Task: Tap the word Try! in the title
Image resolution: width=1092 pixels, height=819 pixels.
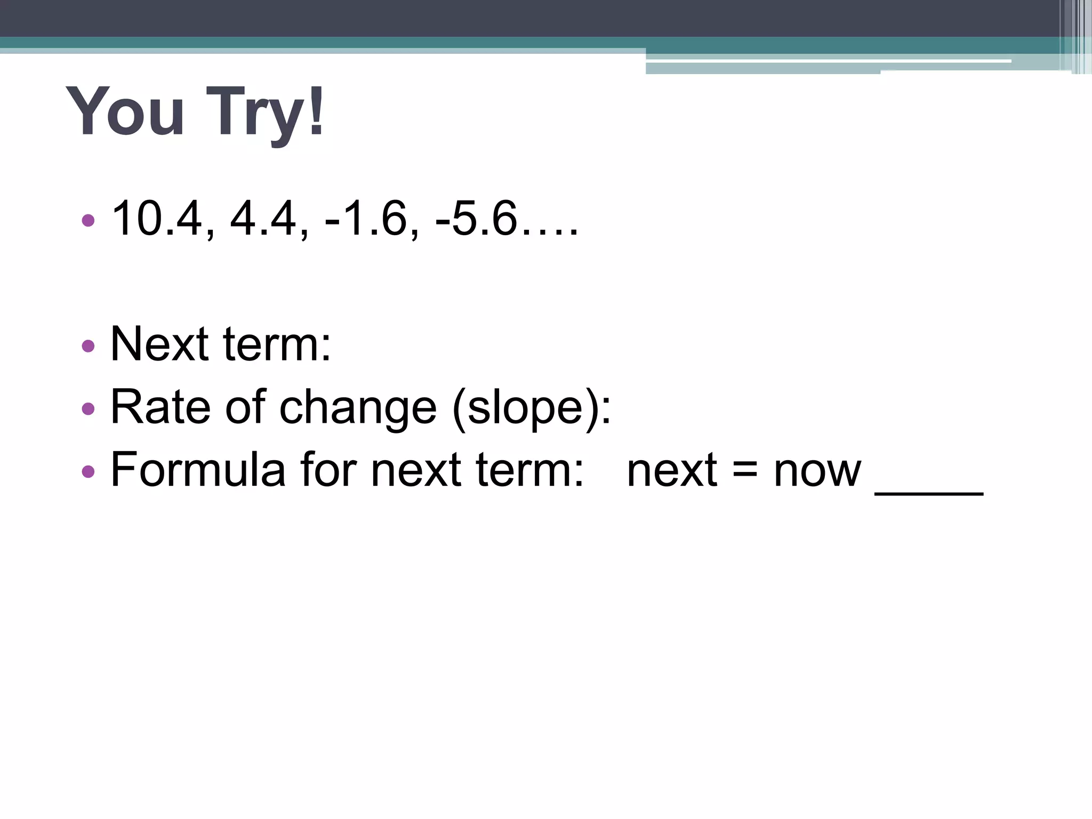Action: pos(265,113)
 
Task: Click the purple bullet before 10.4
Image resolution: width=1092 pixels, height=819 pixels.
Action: pos(88,220)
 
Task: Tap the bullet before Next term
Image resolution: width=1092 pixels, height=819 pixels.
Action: pos(88,346)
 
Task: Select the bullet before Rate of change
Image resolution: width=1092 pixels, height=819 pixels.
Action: pos(88,409)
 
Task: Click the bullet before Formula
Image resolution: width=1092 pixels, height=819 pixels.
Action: pos(88,471)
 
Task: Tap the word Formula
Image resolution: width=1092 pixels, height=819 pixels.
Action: pos(198,469)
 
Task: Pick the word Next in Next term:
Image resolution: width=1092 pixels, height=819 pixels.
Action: pos(159,344)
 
